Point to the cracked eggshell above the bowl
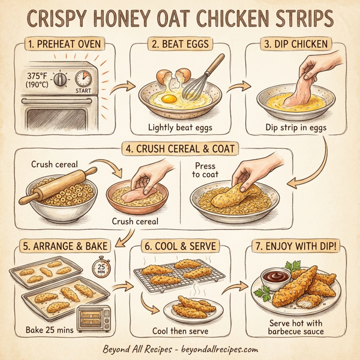[x=174, y=76]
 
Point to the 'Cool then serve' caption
[x=179, y=332]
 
